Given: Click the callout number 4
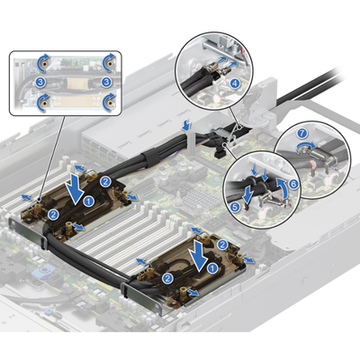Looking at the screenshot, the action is point(235,83).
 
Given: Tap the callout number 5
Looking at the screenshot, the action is point(236,207).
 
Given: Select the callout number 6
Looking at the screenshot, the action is point(293,184).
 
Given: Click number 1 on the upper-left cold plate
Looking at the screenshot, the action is point(88,202).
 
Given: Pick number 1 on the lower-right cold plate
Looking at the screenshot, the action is point(212,268).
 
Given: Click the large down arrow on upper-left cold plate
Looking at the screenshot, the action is point(75,191).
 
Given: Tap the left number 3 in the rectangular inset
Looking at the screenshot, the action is point(40,82).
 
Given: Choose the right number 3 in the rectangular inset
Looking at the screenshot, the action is point(105,82).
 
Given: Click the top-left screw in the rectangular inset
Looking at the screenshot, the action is point(44,63).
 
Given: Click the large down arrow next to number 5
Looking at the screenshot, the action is point(247,194).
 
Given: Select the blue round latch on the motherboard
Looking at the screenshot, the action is point(44,272).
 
